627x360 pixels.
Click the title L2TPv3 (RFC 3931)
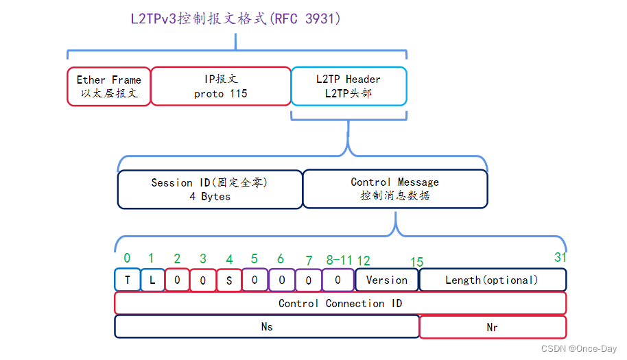235,19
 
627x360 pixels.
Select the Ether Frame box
108,86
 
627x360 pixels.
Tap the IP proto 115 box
220,86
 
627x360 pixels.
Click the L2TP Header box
348,86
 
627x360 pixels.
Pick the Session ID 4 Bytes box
209,189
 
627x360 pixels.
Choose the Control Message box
394,189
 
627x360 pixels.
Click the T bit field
127,280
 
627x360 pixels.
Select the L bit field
152,280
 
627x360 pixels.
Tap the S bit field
228,280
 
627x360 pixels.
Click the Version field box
386,280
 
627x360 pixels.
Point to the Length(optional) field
492,280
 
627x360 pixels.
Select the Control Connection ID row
340,303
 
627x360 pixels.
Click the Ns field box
267,327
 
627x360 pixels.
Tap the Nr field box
492,327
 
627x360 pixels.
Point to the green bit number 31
560,257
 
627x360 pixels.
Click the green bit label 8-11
339,260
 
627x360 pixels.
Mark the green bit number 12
364,261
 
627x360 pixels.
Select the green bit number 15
416,262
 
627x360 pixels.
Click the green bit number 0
127,258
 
